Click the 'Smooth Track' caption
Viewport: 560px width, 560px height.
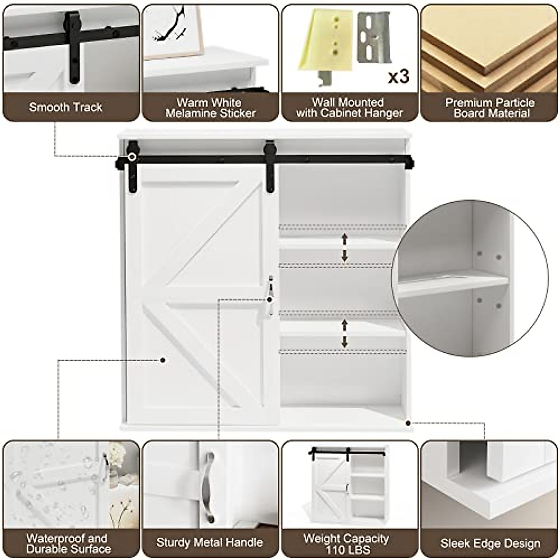coord(65,107)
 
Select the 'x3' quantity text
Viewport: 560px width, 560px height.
coord(399,76)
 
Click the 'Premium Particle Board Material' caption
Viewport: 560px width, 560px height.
coord(490,108)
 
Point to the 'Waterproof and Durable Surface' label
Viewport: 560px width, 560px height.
coord(69,544)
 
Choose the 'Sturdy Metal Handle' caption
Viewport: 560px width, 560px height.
coord(210,542)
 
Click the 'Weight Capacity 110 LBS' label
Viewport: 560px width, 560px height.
coord(346,544)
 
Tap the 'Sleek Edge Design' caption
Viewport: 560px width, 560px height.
coord(490,544)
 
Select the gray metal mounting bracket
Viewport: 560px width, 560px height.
coord(374,37)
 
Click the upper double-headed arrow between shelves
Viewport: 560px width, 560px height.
coord(345,247)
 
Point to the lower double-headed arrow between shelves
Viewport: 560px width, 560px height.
coord(345,333)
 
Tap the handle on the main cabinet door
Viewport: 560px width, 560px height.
coord(270,294)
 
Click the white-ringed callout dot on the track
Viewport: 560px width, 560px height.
coord(132,157)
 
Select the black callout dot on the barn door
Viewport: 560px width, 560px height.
coord(162,360)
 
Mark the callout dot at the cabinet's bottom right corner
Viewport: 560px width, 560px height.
coord(408,423)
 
